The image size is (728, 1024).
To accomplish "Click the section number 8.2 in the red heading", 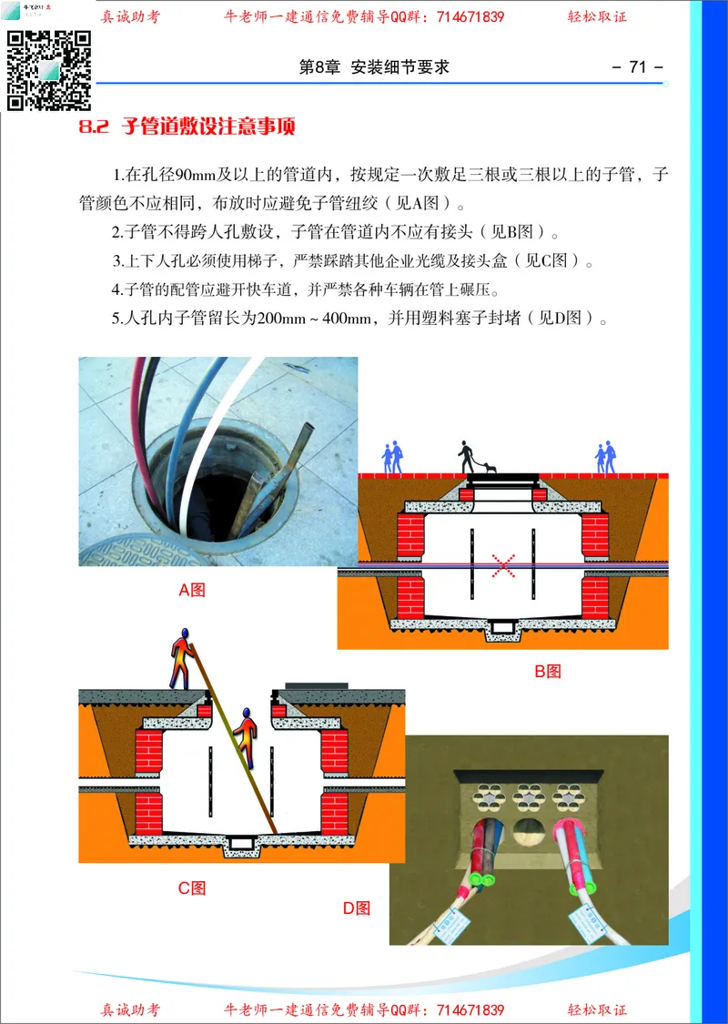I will pyautogui.click(x=94, y=127).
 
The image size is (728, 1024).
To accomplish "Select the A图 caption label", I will pyautogui.click(x=192, y=590).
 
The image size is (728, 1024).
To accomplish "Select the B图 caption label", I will pyautogui.click(x=547, y=671).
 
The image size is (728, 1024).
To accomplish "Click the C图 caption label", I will pyautogui.click(x=192, y=887).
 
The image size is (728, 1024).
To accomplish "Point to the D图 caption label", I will pyautogui.click(x=357, y=907).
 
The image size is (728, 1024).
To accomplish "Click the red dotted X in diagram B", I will pyautogui.click(x=503, y=565).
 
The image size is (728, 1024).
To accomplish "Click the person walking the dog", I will pyautogui.click(x=467, y=457).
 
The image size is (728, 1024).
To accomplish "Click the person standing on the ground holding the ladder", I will pyautogui.click(x=181, y=656).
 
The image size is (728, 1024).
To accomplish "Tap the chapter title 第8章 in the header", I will pyautogui.click(x=318, y=67).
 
